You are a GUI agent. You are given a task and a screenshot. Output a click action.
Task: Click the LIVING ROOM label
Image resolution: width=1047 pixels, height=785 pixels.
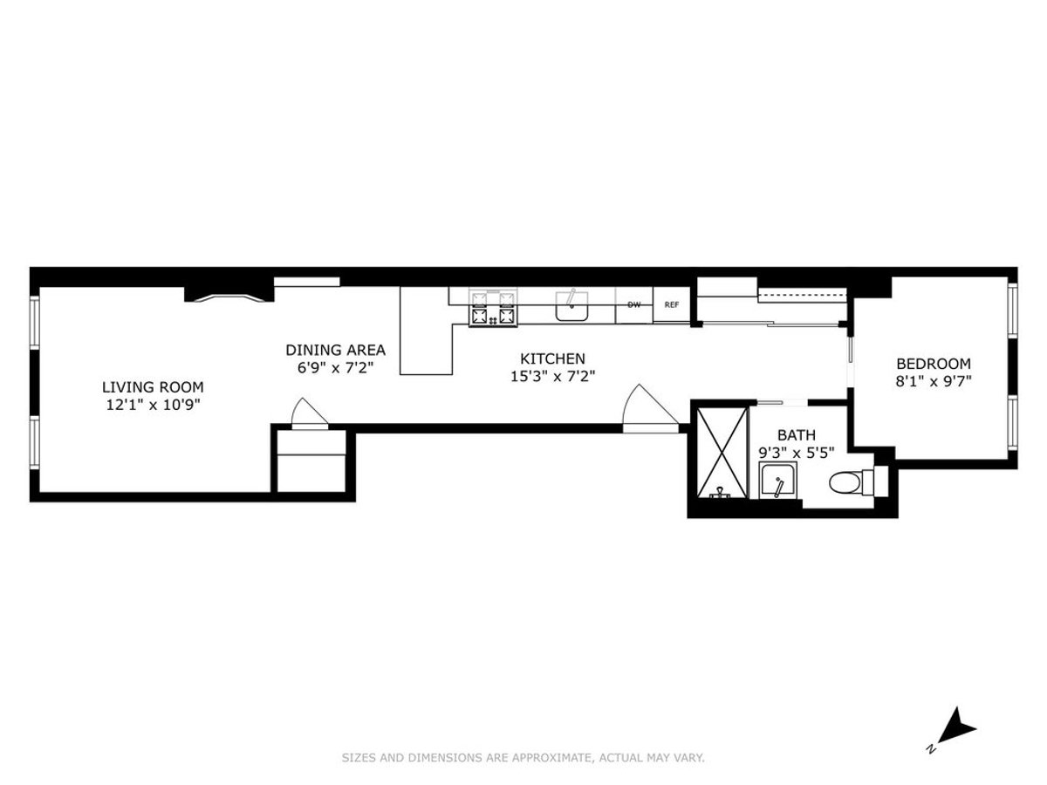(153, 386)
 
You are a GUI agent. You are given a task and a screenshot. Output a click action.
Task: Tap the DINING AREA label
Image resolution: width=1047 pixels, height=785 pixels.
(335, 350)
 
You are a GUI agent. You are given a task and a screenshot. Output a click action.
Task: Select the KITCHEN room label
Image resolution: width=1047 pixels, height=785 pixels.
(552, 358)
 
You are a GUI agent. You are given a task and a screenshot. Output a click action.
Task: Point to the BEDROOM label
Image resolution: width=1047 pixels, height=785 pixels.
(934, 364)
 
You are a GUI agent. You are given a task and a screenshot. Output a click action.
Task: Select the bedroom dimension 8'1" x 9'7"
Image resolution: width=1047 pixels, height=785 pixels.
(934, 381)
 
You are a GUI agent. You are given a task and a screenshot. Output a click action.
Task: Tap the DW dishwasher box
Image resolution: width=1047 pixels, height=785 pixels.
(634, 305)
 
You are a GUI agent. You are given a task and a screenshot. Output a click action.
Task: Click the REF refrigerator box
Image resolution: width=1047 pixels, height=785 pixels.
(671, 305)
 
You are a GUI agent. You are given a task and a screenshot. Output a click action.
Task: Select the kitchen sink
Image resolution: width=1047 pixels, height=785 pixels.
(572, 306)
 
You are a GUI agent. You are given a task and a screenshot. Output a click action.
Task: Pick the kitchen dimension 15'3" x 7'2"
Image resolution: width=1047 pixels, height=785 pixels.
(552, 376)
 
